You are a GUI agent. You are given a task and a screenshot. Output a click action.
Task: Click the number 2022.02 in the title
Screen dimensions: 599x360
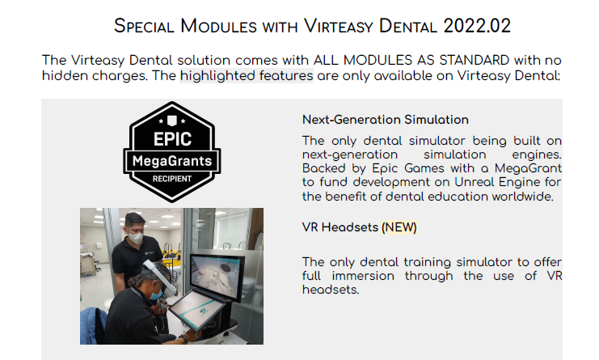point(477,26)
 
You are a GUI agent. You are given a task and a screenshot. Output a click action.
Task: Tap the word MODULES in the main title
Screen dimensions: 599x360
point(218,26)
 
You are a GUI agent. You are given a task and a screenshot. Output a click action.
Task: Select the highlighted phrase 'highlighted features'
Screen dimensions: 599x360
point(247,76)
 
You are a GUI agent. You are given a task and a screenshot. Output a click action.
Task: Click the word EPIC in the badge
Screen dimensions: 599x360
point(172,139)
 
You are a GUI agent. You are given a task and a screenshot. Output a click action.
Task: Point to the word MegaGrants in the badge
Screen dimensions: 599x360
point(172,161)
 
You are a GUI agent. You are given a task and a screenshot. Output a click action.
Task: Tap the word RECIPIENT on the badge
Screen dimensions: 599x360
point(172,179)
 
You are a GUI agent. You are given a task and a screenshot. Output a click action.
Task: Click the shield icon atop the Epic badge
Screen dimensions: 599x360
point(172,121)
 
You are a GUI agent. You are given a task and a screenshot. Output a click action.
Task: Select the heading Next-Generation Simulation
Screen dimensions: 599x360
point(385,120)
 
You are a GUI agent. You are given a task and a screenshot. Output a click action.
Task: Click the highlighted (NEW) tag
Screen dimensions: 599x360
point(399,227)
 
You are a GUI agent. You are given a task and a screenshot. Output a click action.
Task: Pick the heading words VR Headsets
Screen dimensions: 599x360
point(340,227)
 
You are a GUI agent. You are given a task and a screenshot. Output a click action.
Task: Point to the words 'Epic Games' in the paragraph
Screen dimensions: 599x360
point(408,168)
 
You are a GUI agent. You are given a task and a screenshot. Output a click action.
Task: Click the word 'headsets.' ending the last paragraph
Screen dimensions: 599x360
point(331,290)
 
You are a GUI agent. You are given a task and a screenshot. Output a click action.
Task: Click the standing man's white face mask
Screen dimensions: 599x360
point(135,237)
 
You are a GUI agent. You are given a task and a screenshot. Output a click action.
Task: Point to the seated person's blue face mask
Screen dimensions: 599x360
point(156,294)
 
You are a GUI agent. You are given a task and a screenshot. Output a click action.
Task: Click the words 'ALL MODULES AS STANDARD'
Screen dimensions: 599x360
point(411,61)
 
